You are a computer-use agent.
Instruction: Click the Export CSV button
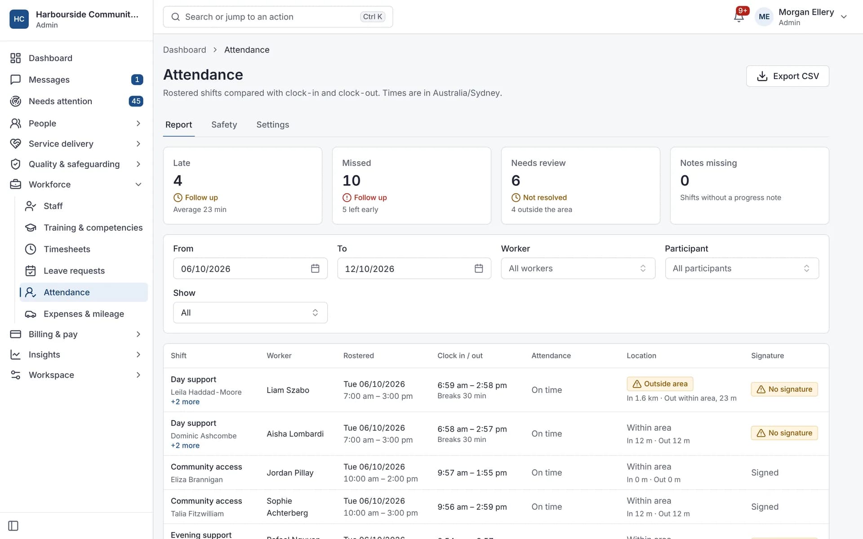point(787,76)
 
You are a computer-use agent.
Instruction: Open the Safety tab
point(224,125)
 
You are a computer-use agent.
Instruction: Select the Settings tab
point(272,125)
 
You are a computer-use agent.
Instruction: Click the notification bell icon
point(738,17)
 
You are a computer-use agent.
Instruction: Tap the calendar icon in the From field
point(315,269)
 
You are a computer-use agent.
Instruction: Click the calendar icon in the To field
point(479,269)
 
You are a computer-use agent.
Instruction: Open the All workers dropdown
point(578,269)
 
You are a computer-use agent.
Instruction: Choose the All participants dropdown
point(742,269)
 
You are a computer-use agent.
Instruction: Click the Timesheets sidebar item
point(67,249)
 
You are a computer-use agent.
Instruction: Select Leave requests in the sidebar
point(74,271)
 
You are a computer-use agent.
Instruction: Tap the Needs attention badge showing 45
point(136,102)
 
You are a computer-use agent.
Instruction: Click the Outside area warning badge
point(660,384)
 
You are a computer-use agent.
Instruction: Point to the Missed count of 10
point(351,181)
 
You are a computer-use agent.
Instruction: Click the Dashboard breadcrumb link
point(184,50)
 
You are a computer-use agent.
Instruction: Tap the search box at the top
point(278,17)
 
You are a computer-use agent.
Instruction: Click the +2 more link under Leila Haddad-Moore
point(185,402)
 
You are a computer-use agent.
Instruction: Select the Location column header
point(641,356)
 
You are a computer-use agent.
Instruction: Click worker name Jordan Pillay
point(290,473)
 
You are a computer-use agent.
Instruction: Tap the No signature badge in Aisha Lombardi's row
point(784,433)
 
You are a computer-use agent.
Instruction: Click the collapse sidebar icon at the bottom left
point(13,526)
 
